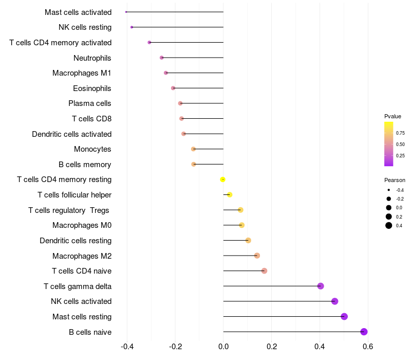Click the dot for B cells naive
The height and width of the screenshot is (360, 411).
coord(364,332)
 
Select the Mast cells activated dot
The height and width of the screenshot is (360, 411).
coord(126,12)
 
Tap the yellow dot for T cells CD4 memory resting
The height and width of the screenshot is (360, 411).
coord(222,179)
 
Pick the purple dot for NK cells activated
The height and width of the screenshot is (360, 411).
coord(334,301)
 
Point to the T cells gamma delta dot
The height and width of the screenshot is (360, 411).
coord(320,286)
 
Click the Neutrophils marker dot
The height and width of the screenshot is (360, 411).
coord(161,58)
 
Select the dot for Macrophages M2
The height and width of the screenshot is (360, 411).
coord(257,256)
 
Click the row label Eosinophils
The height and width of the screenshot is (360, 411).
coord(92,88)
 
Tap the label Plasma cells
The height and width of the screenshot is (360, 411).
coord(89,103)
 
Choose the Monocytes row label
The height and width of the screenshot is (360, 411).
coord(92,149)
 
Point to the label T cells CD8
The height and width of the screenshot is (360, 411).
coord(92,119)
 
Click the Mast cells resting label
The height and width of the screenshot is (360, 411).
coord(82,317)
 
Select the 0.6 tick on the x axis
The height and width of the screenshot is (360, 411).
coord(368,346)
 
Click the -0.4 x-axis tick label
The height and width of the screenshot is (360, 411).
coord(127,346)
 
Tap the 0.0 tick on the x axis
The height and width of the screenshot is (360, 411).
coord(223,346)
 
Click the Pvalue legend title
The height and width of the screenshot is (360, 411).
coord(393,116)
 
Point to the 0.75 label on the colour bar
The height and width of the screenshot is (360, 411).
coord(400,133)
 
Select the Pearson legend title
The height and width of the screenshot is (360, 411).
coord(395,180)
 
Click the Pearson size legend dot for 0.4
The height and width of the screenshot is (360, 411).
coord(388,225)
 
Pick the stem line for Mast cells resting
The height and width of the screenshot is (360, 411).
coord(284,316)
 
